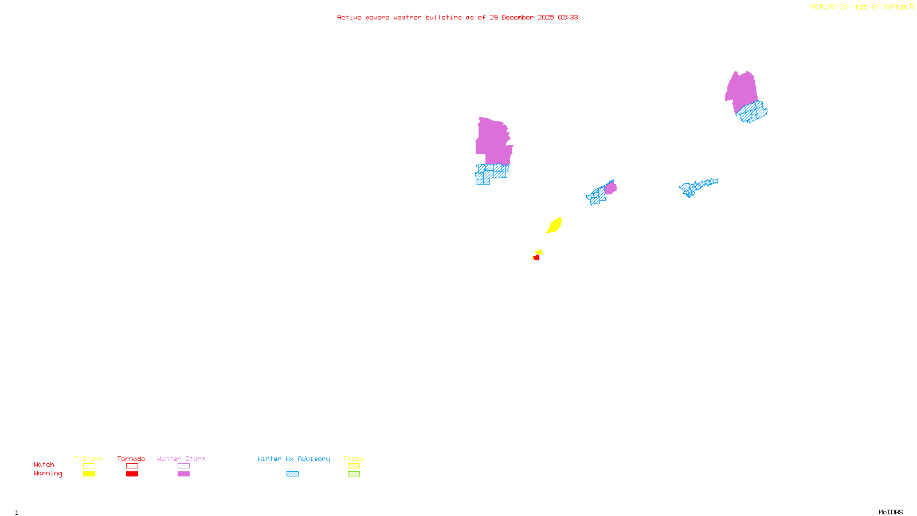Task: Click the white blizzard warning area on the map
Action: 514,139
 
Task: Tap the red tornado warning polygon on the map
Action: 536,258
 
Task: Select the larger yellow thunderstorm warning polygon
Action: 554,225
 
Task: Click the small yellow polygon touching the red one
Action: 539,252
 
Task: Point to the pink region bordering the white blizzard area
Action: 492,140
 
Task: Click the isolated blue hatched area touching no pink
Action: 697,186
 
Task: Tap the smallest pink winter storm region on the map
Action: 611,187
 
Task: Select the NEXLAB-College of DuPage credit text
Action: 859,7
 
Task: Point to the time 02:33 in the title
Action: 568,17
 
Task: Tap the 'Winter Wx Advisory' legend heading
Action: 293,459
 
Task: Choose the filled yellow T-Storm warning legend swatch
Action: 89,474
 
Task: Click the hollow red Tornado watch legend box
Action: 132,466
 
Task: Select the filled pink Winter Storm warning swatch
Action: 183,474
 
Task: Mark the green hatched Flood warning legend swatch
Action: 354,474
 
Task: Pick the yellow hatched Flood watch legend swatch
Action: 354,466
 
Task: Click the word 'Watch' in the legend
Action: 44,464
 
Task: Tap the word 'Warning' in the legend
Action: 48,474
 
